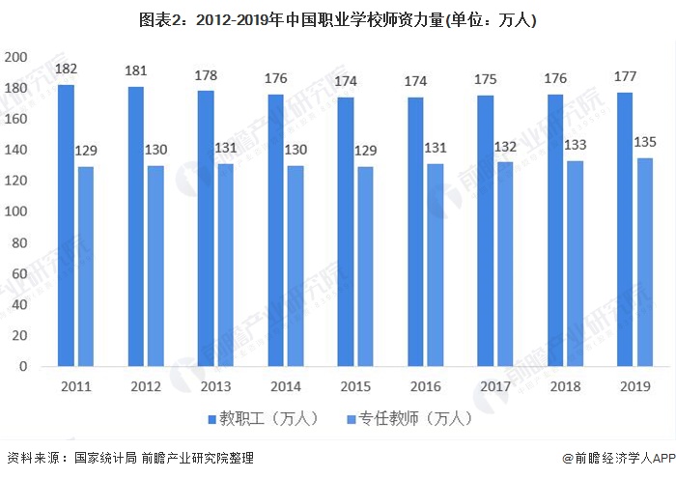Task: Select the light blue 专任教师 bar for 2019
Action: point(644,262)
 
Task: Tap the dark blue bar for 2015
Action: point(346,232)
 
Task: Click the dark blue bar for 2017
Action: point(486,231)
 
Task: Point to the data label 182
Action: point(66,70)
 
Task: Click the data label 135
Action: point(644,143)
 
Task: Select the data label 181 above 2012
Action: point(136,70)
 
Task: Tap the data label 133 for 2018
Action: point(575,146)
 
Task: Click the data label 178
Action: point(206,75)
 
